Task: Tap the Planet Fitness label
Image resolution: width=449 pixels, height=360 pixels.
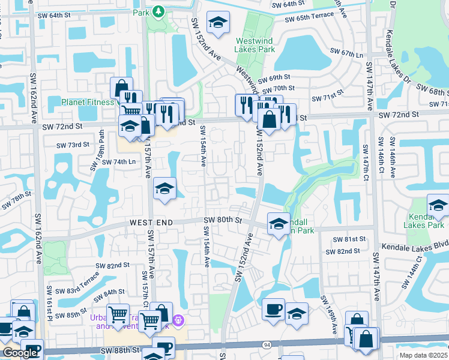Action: pyautogui.click(x=88, y=102)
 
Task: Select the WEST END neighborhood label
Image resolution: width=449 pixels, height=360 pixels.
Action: pyautogui.click(x=151, y=223)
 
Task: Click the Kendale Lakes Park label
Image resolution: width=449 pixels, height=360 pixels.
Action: pyautogui.click(x=426, y=221)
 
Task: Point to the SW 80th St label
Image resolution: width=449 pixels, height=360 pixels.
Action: pyautogui.click(x=222, y=221)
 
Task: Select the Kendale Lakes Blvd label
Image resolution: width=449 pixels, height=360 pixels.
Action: pyautogui.click(x=415, y=247)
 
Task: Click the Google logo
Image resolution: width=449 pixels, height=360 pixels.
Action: pyautogui.click(x=19, y=353)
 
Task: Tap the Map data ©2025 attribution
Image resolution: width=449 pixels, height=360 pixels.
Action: pyautogui.click(x=422, y=355)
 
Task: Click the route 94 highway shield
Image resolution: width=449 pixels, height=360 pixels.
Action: pyautogui.click(x=265, y=345)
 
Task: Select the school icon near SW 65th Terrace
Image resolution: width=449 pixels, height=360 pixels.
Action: pyautogui.click(x=216, y=23)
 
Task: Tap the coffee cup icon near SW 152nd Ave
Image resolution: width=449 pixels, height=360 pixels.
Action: pyautogui.click(x=274, y=309)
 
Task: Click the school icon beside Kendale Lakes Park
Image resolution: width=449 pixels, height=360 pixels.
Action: pyautogui.click(x=438, y=206)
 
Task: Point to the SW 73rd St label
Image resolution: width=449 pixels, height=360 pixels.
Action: pyautogui.click(x=73, y=145)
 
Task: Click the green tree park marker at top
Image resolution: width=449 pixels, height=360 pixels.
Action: pyautogui.click(x=158, y=11)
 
